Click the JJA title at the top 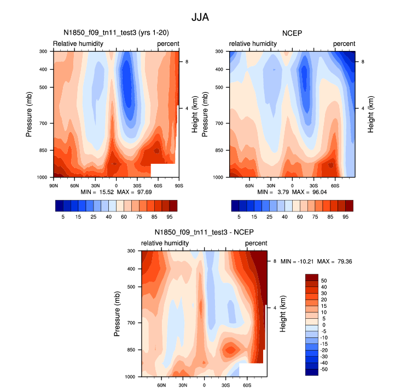click(x=200, y=17)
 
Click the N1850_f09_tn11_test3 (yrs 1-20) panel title click(x=116, y=33)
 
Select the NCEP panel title click(x=292, y=33)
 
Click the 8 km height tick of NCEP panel click(x=363, y=62)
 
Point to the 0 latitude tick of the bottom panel click(x=205, y=386)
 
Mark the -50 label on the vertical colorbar click(x=324, y=370)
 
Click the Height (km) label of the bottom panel click(x=284, y=314)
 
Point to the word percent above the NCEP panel click(x=344, y=43)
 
